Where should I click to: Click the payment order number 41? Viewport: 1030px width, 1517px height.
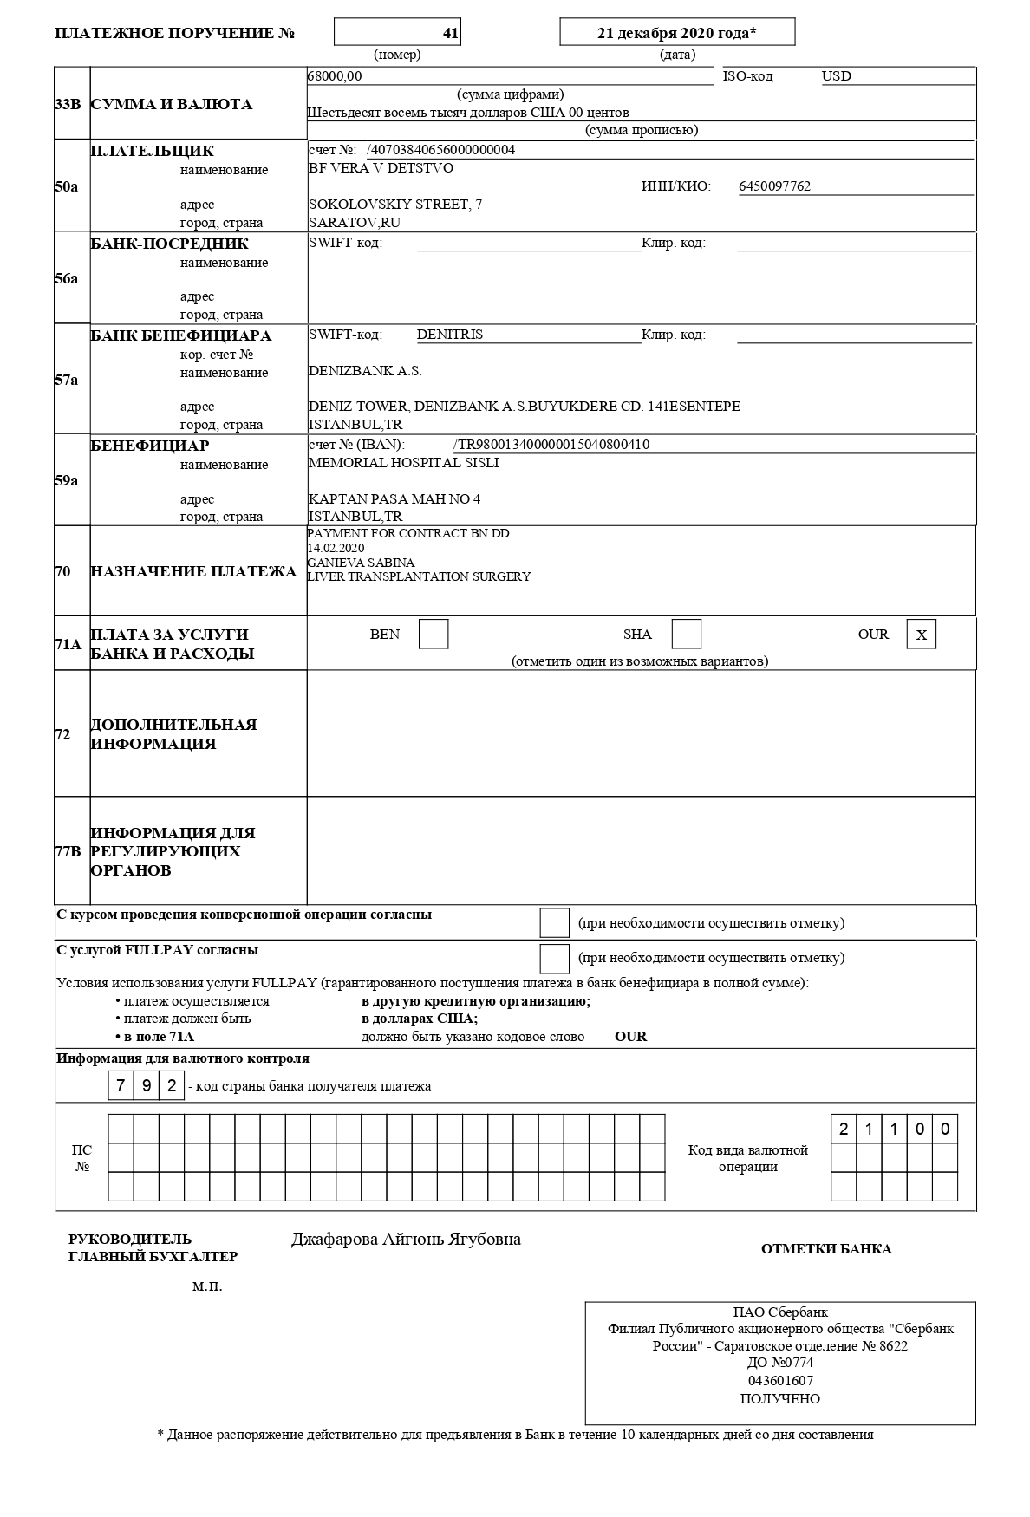[x=450, y=33]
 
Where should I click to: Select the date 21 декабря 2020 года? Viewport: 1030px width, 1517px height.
[x=677, y=33]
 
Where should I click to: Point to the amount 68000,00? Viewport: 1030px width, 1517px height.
[x=335, y=76]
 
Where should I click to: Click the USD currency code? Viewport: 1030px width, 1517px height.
[x=837, y=76]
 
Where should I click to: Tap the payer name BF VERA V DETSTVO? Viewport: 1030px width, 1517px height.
[x=381, y=168]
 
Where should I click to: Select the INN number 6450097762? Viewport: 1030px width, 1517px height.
[x=774, y=186]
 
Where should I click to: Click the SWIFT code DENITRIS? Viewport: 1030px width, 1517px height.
[x=449, y=335]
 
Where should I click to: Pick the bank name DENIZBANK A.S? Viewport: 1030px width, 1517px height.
[x=365, y=371]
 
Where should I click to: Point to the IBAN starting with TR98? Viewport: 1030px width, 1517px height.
[x=551, y=445]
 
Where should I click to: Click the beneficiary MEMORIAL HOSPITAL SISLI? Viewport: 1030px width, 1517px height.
[x=403, y=463]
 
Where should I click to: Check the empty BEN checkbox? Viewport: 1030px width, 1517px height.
[x=434, y=635]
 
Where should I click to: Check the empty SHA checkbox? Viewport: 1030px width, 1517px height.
[x=687, y=635]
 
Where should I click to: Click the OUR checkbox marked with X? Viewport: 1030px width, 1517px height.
[x=922, y=635]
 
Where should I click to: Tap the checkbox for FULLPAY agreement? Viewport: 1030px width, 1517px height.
[x=554, y=958]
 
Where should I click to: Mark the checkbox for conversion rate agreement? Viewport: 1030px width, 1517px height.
[x=554, y=923]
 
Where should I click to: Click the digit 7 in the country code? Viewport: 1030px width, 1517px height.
[x=121, y=1085]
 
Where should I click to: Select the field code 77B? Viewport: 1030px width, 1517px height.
[x=68, y=851]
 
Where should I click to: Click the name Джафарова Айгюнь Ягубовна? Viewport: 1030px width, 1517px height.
[x=406, y=1240]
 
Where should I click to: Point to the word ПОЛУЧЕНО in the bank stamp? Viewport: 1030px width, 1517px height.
[x=779, y=1399]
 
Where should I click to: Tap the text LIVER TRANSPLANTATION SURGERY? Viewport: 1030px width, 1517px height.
[x=419, y=576]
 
